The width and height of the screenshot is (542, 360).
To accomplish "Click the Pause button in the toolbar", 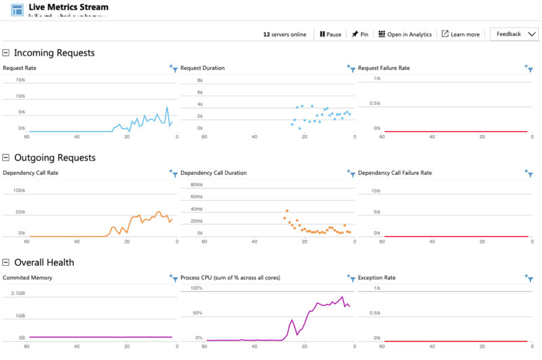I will (331, 35).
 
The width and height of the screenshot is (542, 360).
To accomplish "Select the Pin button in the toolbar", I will (360, 35).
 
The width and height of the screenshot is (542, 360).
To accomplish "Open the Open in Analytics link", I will (404, 35).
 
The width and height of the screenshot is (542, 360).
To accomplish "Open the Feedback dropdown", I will (514, 34).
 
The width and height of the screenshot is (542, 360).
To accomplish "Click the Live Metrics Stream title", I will (68, 7).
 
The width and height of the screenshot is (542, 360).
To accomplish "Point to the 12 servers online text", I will (285, 35).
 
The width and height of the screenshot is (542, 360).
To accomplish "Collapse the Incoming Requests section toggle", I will (6, 53).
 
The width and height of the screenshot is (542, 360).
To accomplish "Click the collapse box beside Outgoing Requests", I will (6, 158).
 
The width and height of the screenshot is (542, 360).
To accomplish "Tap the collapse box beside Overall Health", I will (6, 262).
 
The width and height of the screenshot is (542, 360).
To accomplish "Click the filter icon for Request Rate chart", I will (173, 68).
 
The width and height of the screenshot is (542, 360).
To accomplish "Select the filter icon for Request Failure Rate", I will (529, 68).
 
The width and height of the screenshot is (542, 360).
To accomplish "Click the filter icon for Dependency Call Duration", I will (351, 174).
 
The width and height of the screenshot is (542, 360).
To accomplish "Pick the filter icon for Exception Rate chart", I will (529, 278).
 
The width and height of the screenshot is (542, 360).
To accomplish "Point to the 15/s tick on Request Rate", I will (20, 80).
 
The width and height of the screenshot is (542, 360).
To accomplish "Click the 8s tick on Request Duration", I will (200, 80).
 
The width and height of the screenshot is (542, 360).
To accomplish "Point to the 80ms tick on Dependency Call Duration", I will (196, 184).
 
